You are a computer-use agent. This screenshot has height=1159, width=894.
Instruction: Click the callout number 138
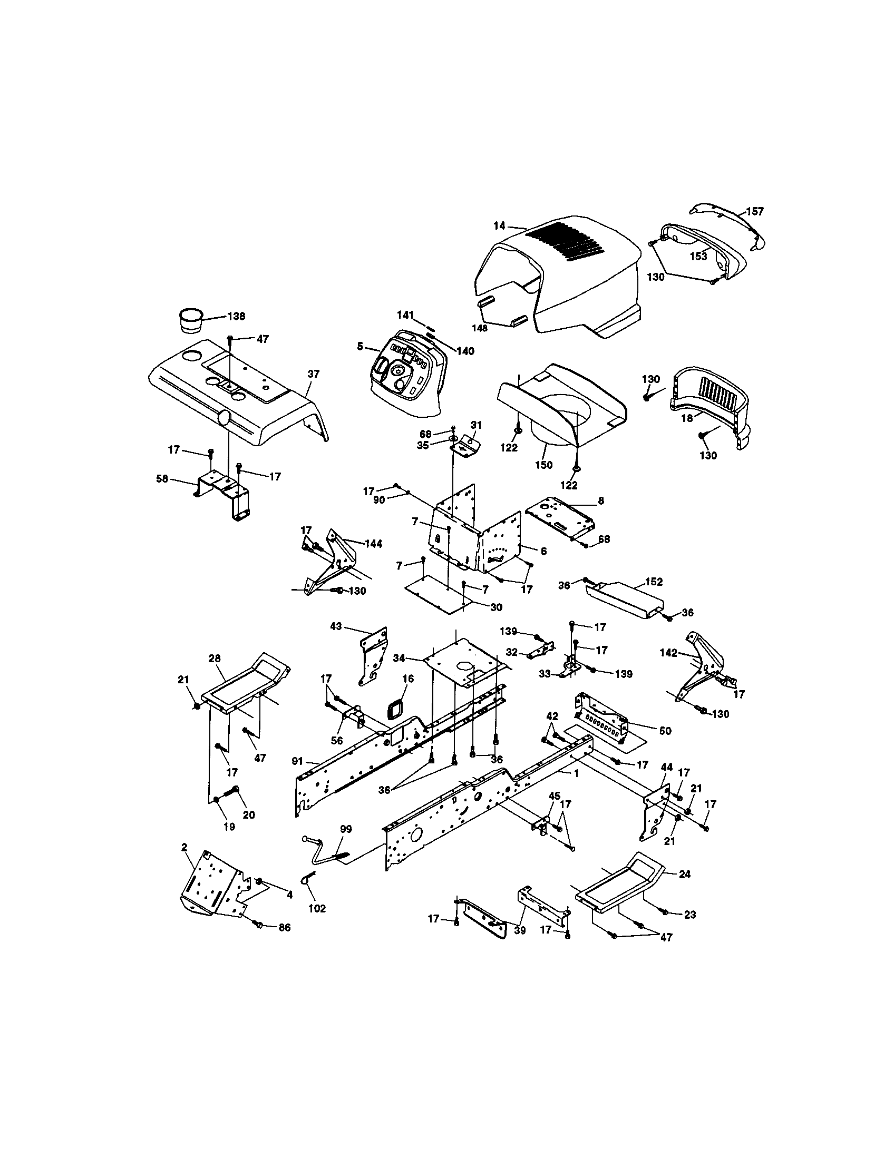click(x=236, y=316)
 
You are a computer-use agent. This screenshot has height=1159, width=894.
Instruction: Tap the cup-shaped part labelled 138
click(x=189, y=320)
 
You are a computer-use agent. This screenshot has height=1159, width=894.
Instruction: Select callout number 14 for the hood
click(x=499, y=225)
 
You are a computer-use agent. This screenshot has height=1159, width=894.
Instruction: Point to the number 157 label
click(x=754, y=211)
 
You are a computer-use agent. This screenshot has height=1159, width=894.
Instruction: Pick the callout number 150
click(x=543, y=465)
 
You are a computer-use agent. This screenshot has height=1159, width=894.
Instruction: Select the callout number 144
click(x=373, y=544)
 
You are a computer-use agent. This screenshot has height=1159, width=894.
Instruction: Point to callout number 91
click(x=297, y=761)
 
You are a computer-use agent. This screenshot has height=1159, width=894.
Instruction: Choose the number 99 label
click(x=346, y=829)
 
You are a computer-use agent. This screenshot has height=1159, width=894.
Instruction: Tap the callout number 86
click(x=284, y=927)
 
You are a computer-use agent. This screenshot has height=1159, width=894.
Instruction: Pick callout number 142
click(x=668, y=653)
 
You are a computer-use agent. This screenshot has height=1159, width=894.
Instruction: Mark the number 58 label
click(x=162, y=479)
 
